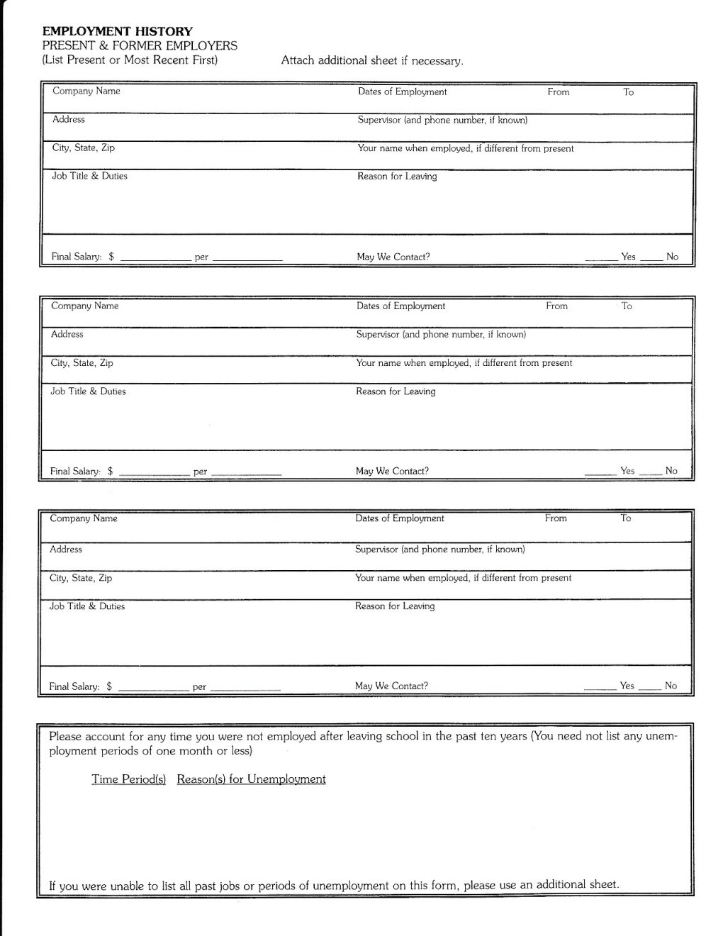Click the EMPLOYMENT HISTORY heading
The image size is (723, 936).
[x=117, y=31]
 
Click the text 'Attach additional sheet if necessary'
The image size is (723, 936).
[x=372, y=61]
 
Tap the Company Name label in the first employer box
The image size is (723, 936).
[x=86, y=91]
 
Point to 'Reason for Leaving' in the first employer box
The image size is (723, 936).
[x=397, y=177]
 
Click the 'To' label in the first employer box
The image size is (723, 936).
[x=628, y=92]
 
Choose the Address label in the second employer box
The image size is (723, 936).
[x=67, y=335]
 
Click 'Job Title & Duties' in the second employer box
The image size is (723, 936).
[x=88, y=391]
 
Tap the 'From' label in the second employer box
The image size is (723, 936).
[x=556, y=306]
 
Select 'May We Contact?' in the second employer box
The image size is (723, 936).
[x=392, y=471]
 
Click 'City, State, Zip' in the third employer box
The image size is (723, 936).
[x=81, y=578]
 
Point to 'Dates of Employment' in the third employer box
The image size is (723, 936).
[x=400, y=518]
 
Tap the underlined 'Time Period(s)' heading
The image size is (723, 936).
[x=128, y=779]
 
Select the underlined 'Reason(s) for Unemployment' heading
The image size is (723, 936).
[x=251, y=779]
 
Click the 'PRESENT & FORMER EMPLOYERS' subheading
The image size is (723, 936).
[x=140, y=45]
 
